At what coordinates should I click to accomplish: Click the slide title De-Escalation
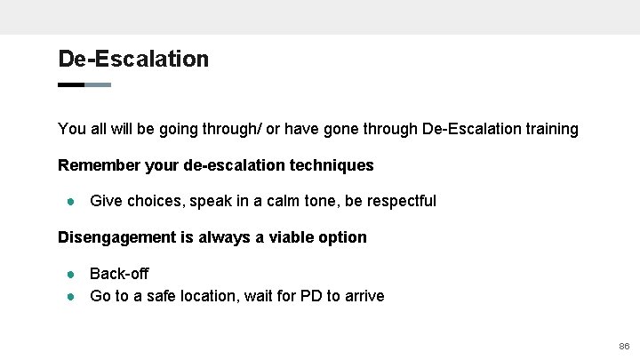[x=133, y=59]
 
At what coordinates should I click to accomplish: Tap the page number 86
[x=623, y=345]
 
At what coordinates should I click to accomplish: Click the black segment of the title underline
[x=70, y=84]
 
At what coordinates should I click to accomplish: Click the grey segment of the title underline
[x=98, y=84]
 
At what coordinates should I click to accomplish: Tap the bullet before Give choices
[x=69, y=201]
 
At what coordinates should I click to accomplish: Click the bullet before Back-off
[x=69, y=274]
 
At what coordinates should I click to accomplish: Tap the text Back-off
[x=119, y=274]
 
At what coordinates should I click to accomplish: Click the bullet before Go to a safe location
[x=69, y=296]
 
